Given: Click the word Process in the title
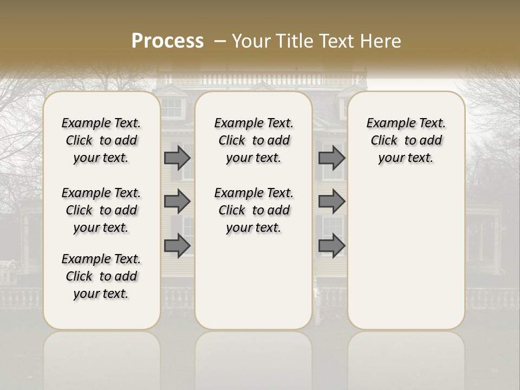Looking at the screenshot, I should [x=167, y=41].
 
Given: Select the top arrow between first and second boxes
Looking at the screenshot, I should [x=177, y=158].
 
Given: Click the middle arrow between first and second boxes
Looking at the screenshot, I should [x=177, y=201].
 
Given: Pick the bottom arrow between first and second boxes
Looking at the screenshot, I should [x=177, y=245].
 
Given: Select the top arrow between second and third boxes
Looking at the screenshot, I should [x=331, y=158].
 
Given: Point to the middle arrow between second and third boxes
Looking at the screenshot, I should [x=331, y=201].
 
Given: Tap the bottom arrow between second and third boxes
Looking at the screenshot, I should [x=331, y=245].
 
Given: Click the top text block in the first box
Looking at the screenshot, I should [x=101, y=140].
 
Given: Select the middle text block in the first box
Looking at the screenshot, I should [x=101, y=210].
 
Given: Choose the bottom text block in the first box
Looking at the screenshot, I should [x=101, y=276].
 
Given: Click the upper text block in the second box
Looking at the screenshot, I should [x=253, y=140].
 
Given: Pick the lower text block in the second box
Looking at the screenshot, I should [x=253, y=210].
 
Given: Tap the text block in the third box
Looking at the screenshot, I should [x=406, y=140].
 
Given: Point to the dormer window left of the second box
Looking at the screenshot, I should [x=172, y=107].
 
